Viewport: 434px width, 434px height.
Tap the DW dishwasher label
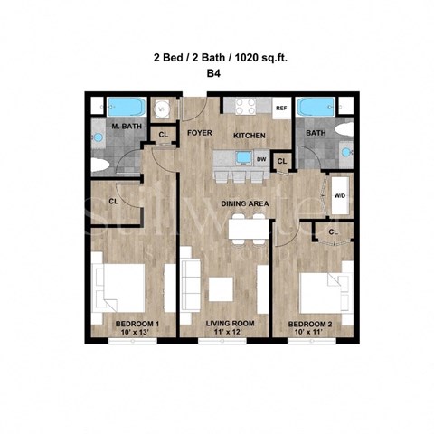pyautogui.click(x=260, y=159)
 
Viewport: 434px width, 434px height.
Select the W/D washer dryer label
pyautogui.click(x=340, y=194)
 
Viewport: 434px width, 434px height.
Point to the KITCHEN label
pyautogui.click(x=249, y=135)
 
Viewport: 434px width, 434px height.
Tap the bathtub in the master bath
pyautogui.click(x=121, y=106)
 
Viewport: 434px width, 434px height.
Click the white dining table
pyautogui.click(x=247, y=228)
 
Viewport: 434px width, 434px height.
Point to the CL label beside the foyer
pyautogui.click(x=164, y=135)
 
